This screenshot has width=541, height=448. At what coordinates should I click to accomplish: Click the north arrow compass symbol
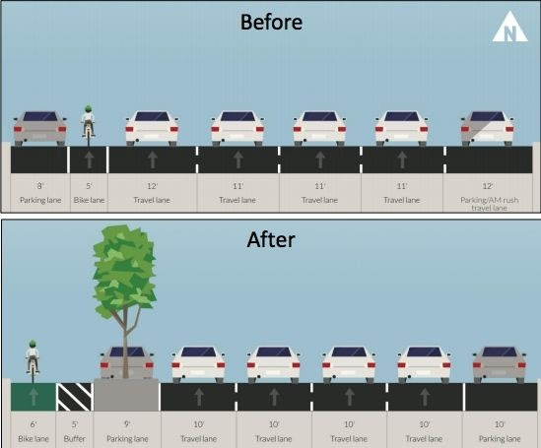509,28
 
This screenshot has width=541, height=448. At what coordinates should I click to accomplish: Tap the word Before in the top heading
271,22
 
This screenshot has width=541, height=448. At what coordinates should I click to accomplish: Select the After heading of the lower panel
271,240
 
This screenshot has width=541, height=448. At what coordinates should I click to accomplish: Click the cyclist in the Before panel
89,121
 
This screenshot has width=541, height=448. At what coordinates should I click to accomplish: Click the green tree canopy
124,272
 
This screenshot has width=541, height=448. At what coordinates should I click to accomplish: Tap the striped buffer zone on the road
75,397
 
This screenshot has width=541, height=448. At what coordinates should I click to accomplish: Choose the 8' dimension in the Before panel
40,186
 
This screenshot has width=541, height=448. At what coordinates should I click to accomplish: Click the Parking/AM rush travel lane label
489,204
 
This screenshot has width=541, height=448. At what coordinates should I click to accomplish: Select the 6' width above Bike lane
34,424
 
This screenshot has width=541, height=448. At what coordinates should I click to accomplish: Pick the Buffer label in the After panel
75,439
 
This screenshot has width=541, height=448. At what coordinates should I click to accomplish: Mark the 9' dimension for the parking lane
127,424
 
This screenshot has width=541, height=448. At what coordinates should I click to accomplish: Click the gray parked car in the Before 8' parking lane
40,129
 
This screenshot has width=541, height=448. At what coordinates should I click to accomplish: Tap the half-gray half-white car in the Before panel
487,129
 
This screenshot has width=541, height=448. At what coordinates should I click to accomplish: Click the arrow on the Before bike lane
89,160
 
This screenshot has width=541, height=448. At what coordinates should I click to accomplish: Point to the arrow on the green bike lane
34,397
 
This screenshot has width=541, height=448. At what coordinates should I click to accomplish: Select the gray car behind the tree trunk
126,363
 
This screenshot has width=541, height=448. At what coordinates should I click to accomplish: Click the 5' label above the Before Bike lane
89,186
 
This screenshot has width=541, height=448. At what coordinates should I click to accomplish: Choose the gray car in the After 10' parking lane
500,364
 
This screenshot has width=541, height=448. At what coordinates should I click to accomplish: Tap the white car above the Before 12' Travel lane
152,129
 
